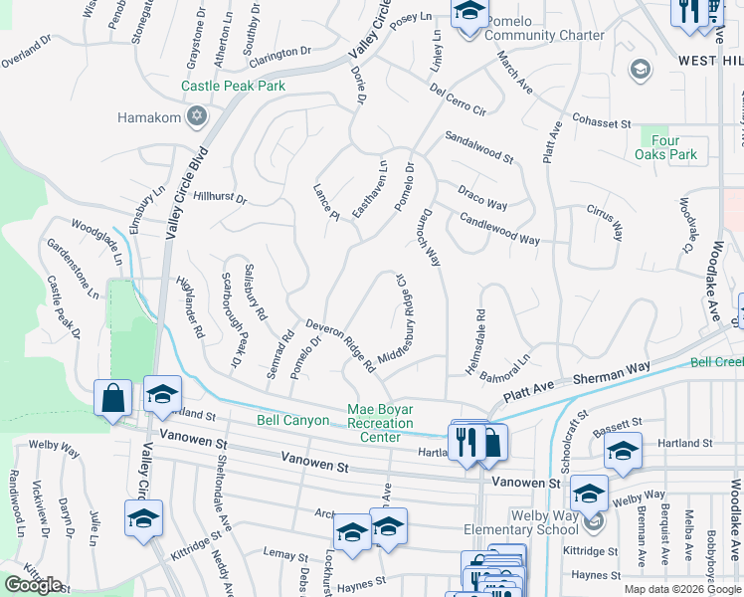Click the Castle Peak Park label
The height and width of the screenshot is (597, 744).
[233, 87]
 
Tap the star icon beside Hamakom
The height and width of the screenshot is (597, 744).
[197, 117]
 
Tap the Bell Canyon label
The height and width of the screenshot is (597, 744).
[292, 421]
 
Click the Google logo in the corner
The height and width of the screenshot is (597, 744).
[33, 585]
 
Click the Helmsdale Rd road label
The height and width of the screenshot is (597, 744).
[480, 327]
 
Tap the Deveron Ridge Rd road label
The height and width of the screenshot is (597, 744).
[340, 344]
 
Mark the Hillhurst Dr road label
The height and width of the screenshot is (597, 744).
[219, 198]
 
